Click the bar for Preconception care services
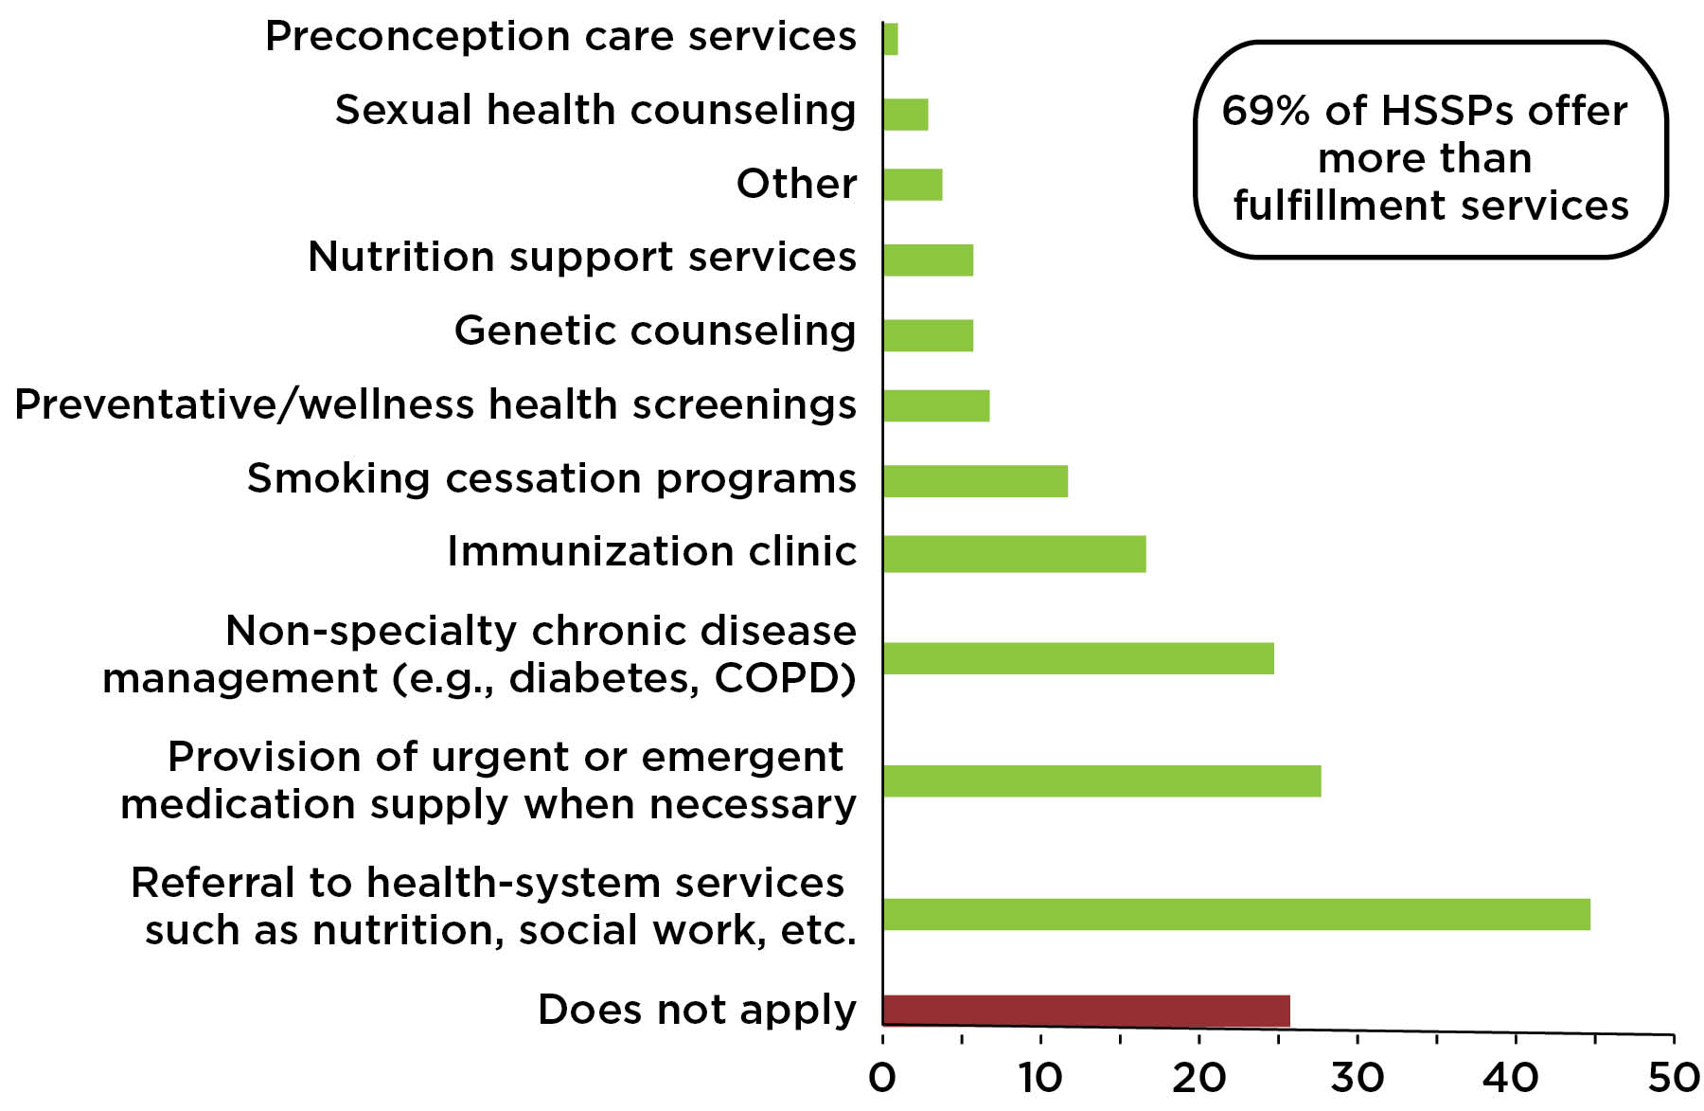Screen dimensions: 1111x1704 (x=890, y=39)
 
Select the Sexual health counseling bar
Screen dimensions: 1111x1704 (x=905, y=114)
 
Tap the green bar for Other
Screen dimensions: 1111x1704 (x=913, y=185)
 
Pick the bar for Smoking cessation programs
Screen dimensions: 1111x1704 (x=975, y=481)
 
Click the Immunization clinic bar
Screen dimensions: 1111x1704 (x=1014, y=554)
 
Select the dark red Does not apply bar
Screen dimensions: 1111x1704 (x=1086, y=1011)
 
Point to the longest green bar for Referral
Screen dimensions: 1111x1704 (x=1236, y=915)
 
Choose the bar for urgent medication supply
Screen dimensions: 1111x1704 (x=1102, y=781)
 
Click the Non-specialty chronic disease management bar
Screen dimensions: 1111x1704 (x=1078, y=658)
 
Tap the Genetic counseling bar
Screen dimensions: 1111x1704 (x=928, y=335)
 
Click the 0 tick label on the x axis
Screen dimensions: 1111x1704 (x=882, y=1078)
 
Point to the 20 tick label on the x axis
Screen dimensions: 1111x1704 (x=1198, y=1078)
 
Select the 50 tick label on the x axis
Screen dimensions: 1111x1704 (x=1673, y=1078)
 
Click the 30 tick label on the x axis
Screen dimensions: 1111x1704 (x=1357, y=1078)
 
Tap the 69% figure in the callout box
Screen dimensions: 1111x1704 (x=1266, y=111)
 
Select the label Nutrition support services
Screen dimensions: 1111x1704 (x=581, y=257)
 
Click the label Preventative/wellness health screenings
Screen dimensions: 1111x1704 (x=435, y=404)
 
